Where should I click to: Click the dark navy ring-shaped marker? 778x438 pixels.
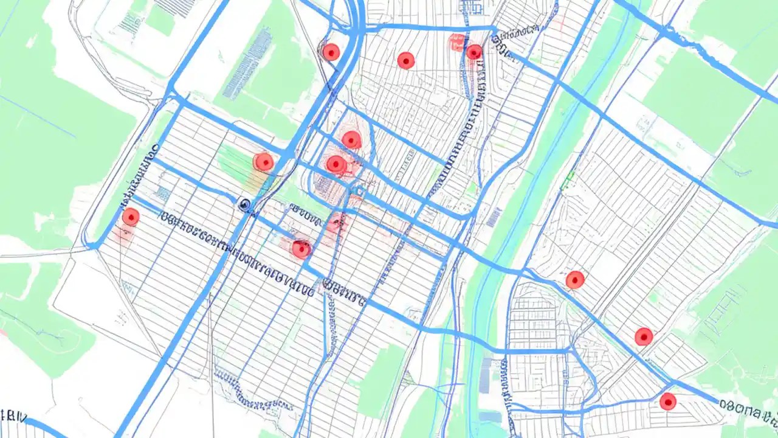[x=244, y=205]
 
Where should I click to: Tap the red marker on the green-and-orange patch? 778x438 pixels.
[x=264, y=162]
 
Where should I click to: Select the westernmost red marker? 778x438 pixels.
[x=131, y=217]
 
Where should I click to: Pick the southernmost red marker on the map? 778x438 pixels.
[x=668, y=401]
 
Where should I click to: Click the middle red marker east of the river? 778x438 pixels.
[x=644, y=336]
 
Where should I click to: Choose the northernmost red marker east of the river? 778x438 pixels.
[x=575, y=280]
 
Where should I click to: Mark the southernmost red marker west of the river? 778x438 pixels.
[x=301, y=248]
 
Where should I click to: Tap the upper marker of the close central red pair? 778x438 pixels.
[x=351, y=140]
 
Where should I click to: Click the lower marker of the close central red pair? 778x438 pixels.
[x=336, y=164]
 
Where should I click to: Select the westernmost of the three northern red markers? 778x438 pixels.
[x=331, y=52]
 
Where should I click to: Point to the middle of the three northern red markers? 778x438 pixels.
[x=406, y=60]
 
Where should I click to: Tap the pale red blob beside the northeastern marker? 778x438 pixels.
[x=457, y=42]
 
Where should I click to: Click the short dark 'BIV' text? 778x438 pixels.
[x=13, y=417]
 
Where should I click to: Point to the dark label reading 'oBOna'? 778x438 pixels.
[x=748, y=409]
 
